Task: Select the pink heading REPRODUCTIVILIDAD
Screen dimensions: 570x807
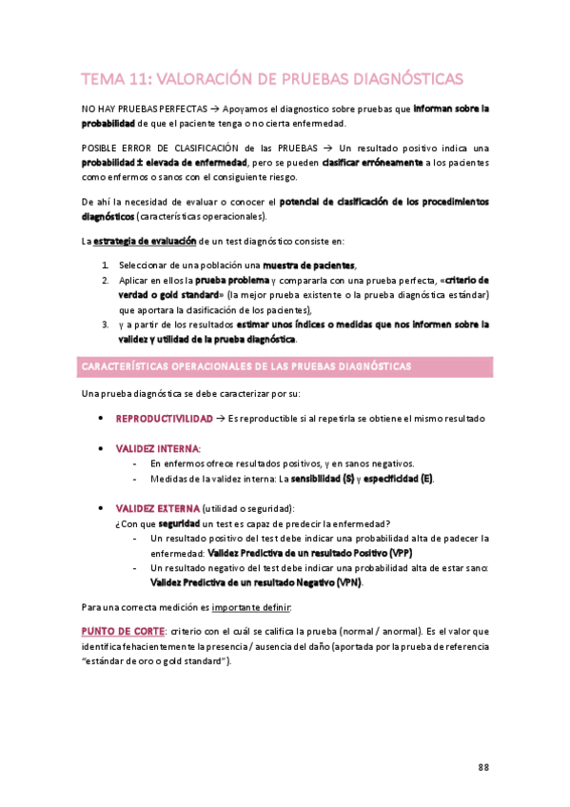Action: pyautogui.click(x=164, y=419)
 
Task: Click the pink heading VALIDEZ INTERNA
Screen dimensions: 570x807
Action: pyautogui.click(x=157, y=448)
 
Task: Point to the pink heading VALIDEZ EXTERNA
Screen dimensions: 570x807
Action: pyautogui.click(x=158, y=507)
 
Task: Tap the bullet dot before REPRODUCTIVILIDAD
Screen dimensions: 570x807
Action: pyautogui.click(x=101, y=419)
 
